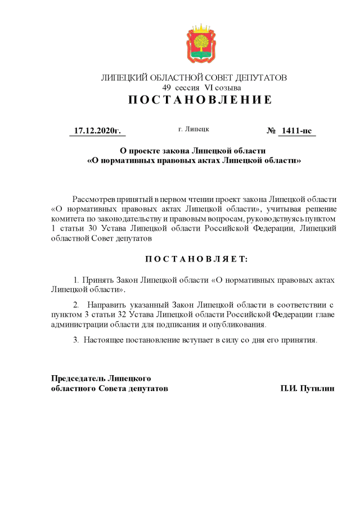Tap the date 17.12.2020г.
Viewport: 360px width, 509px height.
(x=97, y=131)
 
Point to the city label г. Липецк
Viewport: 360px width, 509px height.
(x=193, y=129)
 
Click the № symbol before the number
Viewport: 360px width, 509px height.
(x=271, y=131)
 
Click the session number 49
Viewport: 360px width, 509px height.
(x=166, y=88)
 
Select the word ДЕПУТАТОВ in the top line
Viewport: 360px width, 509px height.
(x=261, y=78)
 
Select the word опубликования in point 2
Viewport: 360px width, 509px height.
(x=238, y=325)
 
